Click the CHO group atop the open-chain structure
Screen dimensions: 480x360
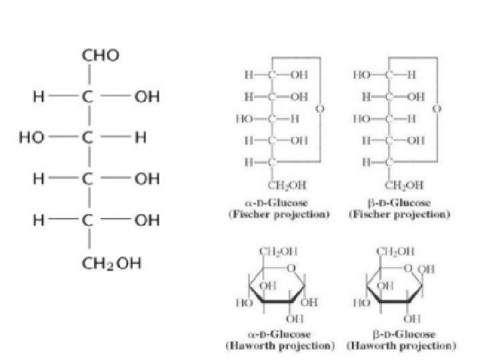pyautogui.click(x=101, y=56)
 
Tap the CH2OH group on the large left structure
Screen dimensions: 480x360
pyautogui.click(x=111, y=263)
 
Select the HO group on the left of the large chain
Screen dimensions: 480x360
pyautogui.click(x=32, y=138)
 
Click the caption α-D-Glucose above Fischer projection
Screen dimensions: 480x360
pyautogui.click(x=278, y=202)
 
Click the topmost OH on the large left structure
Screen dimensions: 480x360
pyautogui.click(x=147, y=97)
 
